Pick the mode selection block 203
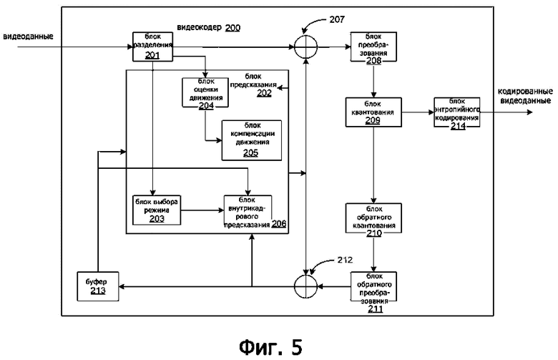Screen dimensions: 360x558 click(x=156, y=209)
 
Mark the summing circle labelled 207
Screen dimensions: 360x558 click(x=306, y=47)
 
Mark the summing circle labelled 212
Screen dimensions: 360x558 click(x=306, y=286)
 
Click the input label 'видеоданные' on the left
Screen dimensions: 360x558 click(x=29, y=37)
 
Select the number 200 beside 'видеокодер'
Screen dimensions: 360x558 click(x=233, y=27)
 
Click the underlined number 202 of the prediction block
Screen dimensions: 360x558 click(x=264, y=92)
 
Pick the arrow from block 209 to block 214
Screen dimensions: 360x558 click(x=417, y=112)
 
